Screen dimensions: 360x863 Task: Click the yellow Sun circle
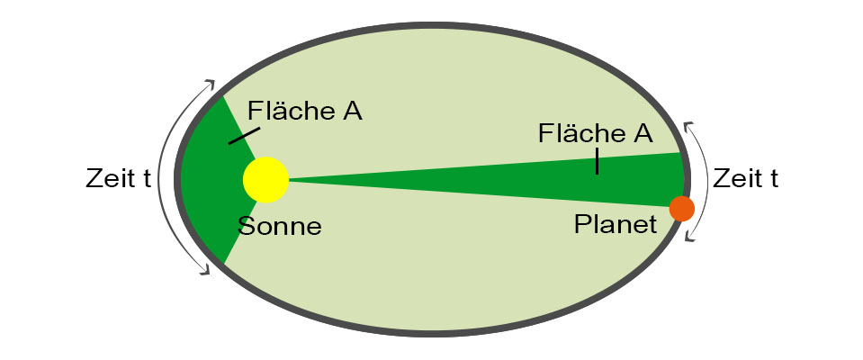265,180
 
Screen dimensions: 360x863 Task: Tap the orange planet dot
681,209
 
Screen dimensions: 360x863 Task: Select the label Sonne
279,226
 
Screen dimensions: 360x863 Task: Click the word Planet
616,224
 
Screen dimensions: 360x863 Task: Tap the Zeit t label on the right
745,178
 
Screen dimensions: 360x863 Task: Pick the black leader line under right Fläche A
596,162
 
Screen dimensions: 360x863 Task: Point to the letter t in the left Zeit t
145,179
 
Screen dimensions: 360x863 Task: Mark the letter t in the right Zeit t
773,178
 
